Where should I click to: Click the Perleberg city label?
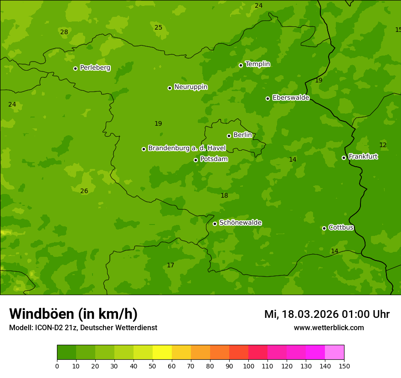[x=95, y=68]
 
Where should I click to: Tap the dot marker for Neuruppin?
[x=170, y=88]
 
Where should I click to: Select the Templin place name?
[x=257, y=64]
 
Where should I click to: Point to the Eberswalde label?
[x=291, y=98]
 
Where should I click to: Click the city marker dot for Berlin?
[x=229, y=136]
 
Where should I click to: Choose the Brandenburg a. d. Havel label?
[x=187, y=148]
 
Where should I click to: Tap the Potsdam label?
[x=214, y=159]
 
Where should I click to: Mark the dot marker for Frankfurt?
[x=344, y=158]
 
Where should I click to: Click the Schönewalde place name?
[x=240, y=223]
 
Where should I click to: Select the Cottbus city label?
[x=341, y=227]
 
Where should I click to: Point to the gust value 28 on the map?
[x=64, y=32]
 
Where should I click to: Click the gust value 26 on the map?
[x=84, y=191]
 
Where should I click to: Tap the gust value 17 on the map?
[x=170, y=265]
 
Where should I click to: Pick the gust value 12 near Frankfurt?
[x=383, y=145]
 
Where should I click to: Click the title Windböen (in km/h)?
[x=73, y=314]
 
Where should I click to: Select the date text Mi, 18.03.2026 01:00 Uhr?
[x=327, y=314]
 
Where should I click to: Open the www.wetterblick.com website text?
[x=329, y=327]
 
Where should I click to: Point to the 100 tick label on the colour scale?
[x=248, y=366]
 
